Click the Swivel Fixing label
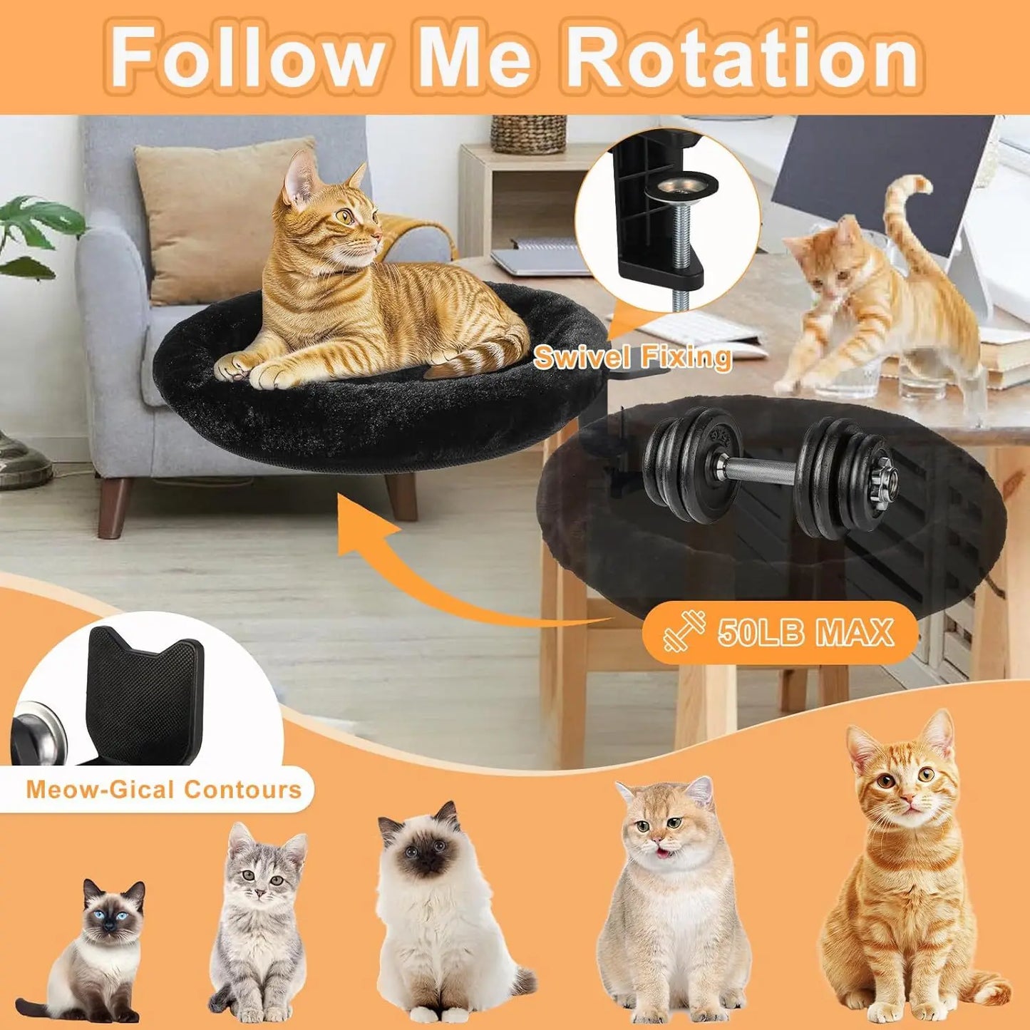click(x=632, y=356)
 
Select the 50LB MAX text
click(x=805, y=632)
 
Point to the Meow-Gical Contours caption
click(x=163, y=790)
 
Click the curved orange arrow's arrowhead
click(x=364, y=527)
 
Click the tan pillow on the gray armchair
click(x=214, y=214)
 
